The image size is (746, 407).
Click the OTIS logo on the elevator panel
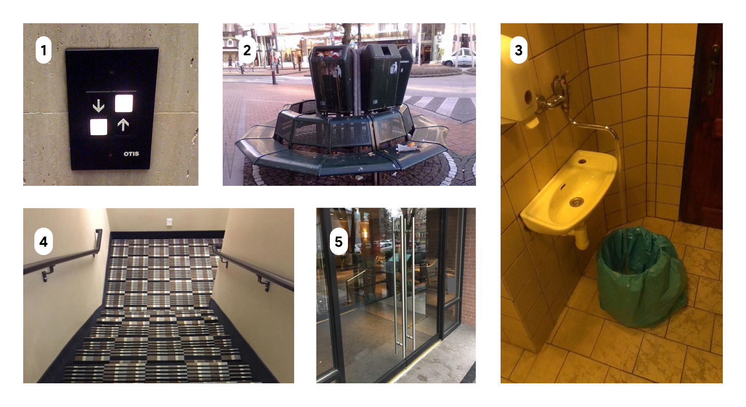point(131,154)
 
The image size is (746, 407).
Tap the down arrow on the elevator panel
point(98,106)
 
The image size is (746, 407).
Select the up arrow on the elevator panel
point(123,125)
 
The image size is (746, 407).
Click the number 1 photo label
point(44,50)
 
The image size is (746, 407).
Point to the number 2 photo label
point(247,50)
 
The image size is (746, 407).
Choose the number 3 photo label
point(519,50)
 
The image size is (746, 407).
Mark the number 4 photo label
point(44,242)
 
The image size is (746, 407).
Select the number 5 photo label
point(339,242)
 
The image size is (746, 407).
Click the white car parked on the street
point(458,57)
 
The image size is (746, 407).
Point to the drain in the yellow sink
point(577,202)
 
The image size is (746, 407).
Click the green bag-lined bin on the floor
point(641,277)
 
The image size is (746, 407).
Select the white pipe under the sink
point(581,237)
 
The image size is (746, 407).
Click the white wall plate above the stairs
point(169,222)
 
